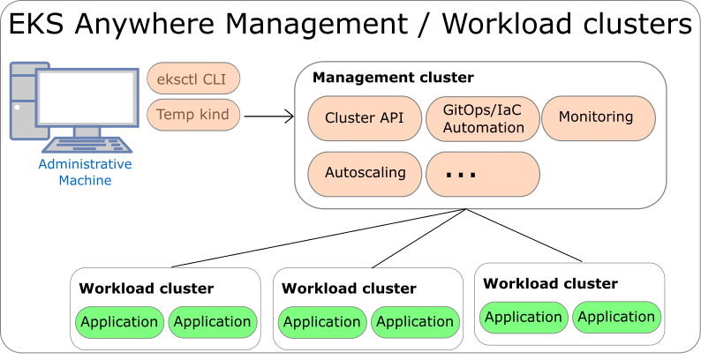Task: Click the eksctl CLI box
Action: click(x=193, y=79)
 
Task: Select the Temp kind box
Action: click(x=193, y=115)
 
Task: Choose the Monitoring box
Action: click(x=597, y=117)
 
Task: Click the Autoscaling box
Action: click(x=365, y=173)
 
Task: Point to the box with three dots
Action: click(x=482, y=174)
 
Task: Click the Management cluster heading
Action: click(x=393, y=78)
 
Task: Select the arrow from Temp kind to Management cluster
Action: click(x=268, y=115)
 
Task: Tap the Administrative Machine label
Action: click(x=85, y=173)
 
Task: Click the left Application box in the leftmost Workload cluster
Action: click(x=119, y=322)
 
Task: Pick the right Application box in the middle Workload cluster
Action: click(x=414, y=322)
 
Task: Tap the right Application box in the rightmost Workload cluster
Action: click(x=615, y=317)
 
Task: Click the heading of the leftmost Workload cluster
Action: click(x=146, y=289)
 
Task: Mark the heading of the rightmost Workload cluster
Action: click(x=550, y=284)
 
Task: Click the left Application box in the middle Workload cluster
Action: click(x=322, y=322)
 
